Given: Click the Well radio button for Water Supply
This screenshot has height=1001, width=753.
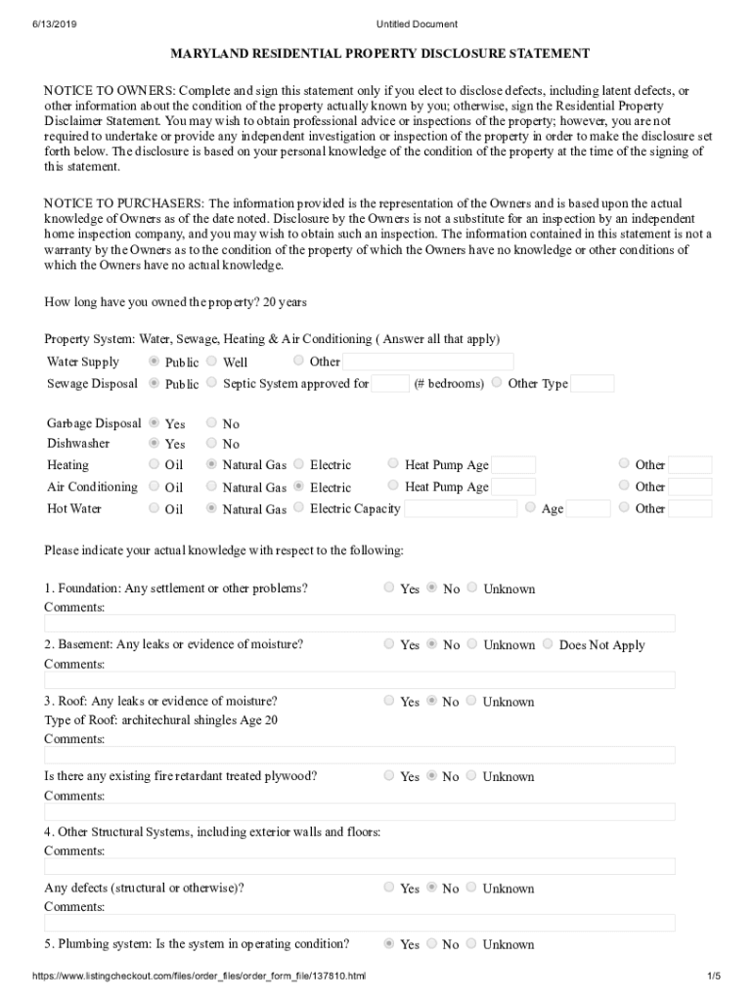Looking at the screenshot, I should [x=211, y=361].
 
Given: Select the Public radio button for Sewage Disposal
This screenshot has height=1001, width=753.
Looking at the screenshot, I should [x=154, y=383].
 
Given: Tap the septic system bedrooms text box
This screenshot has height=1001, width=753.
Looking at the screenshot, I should [x=390, y=383].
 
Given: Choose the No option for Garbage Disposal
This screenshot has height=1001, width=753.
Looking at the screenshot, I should [x=211, y=423].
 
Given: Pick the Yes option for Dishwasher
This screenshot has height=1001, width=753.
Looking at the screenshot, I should [x=154, y=443].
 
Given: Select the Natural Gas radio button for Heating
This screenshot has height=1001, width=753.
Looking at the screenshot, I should [x=211, y=464].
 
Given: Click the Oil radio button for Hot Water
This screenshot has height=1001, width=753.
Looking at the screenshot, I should [x=154, y=507].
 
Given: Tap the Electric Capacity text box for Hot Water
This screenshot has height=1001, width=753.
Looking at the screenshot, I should [x=460, y=508].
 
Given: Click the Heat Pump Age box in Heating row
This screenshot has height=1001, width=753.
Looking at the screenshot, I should [x=513, y=465].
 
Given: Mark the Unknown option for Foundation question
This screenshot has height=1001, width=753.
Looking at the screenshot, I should [x=472, y=588].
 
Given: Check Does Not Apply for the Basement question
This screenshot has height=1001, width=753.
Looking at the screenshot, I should [x=548, y=644].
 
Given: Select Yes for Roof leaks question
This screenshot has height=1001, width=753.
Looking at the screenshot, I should [x=389, y=701].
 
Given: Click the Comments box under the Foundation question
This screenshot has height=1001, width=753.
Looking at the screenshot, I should [x=359, y=624].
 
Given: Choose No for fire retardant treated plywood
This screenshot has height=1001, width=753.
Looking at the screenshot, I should [x=431, y=776].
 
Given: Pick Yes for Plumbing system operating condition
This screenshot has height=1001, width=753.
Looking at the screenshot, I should [x=389, y=943].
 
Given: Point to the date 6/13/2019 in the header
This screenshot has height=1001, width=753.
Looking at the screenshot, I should [x=52, y=23].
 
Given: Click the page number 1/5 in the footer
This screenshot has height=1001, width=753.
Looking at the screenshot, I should [x=713, y=977].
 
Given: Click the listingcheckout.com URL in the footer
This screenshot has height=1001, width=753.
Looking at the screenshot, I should [x=199, y=977].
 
